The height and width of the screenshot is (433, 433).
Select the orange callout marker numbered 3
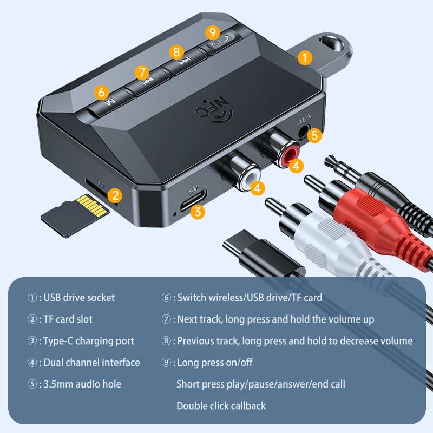pyautogui.click(x=199, y=212)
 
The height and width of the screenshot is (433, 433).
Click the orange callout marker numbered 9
pyautogui.click(x=212, y=32)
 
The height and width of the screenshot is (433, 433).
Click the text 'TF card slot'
pyautogui.click(x=66, y=319)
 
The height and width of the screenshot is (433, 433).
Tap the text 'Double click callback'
pyautogui.click(x=221, y=405)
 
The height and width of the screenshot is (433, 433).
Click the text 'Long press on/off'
pyautogui.click(x=215, y=363)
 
